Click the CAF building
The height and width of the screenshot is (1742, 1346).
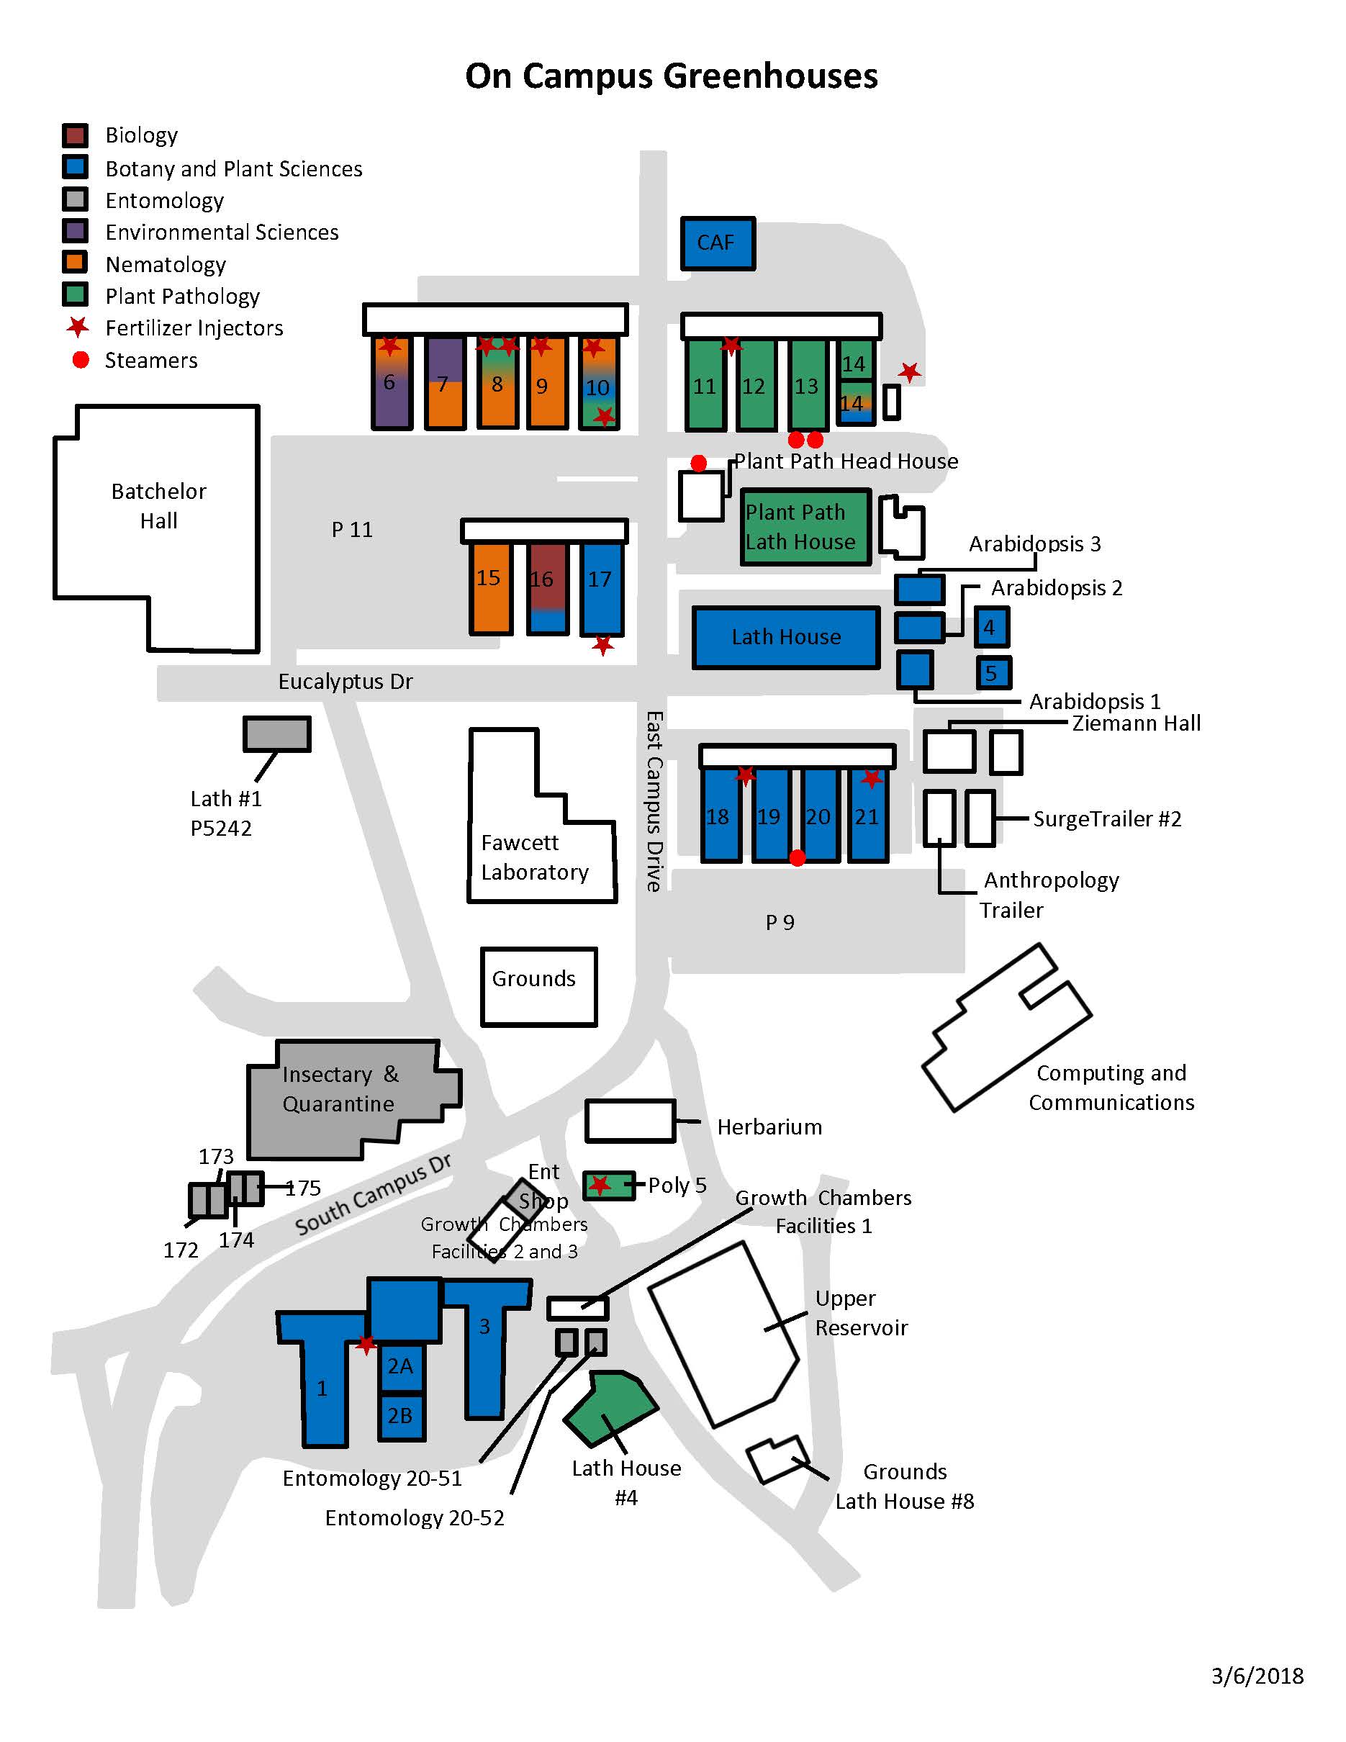(717, 243)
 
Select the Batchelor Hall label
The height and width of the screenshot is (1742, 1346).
(158, 506)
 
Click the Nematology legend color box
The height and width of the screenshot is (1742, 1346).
(75, 263)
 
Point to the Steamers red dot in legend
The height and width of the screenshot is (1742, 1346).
(80, 360)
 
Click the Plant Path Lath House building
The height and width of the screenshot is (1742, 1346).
(805, 526)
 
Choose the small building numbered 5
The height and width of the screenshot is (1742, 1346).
(993, 672)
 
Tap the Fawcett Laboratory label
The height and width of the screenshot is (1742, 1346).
(534, 857)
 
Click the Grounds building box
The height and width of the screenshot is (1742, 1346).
(538, 986)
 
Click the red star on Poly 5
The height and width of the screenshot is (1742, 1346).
(600, 1186)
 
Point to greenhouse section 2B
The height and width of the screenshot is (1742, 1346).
(400, 1415)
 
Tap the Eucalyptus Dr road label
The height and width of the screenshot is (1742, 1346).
(345, 681)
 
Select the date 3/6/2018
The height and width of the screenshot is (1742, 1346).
(1257, 1676)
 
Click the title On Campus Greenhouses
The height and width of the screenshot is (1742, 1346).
(672, 76)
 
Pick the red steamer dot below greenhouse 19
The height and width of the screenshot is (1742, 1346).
(797, 857)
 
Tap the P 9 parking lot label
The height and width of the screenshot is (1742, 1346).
(780, 922)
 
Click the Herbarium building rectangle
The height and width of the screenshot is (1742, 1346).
(630, 1120)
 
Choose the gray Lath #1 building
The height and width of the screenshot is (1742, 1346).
(276, 734)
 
